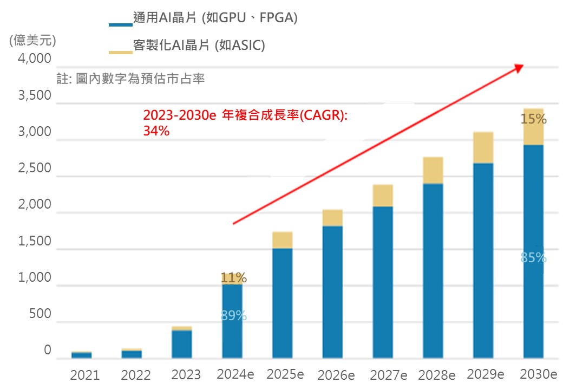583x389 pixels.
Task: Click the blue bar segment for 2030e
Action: [x=533, y=217]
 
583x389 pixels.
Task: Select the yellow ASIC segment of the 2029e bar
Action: [x=483, y=147]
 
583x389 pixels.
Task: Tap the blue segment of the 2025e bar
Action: [x=282, y=303]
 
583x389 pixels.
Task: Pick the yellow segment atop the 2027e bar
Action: [x=383, y=196]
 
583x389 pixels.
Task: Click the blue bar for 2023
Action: [x=182, y=344]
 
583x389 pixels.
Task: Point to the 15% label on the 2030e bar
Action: [x=533, y=119]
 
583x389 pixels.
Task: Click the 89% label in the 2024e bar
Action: [x=234, y=315]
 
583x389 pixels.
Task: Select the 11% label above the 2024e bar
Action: [x=234, y=278]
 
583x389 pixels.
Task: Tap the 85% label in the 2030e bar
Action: [x=533, y=258]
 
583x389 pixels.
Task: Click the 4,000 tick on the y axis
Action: [x=35, y=59]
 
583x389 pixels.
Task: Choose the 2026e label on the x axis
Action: [x=336, y=375]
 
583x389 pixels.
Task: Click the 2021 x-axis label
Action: [x=85, y=375]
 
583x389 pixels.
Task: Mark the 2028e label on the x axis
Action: [x=437, y=375]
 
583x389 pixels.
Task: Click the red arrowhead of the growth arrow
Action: [x=519, y=68]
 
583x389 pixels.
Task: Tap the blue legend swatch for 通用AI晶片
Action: [x=120, y=24]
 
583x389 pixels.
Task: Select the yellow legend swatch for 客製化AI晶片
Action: [x=120, y=52]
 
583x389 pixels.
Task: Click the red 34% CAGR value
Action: [x=156, y=131]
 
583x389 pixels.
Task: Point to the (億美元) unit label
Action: [x=32, y=40]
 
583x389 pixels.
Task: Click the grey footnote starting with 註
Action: [x=130, y=79]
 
